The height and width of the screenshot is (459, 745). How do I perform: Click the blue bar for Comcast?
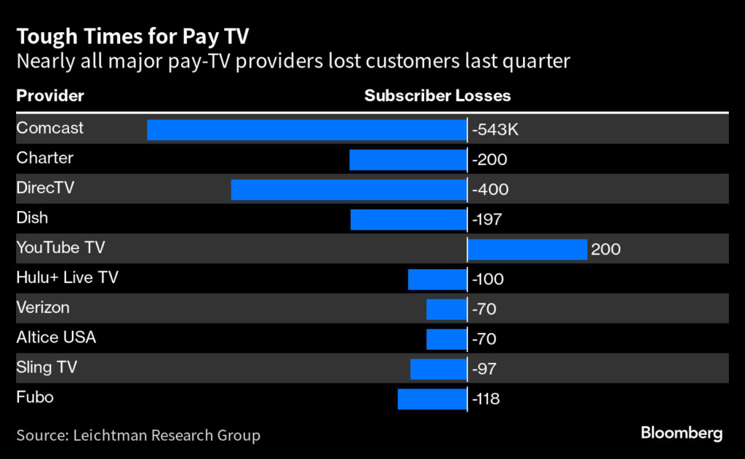coord(306,129)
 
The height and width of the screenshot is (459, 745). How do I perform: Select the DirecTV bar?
coord(348,189)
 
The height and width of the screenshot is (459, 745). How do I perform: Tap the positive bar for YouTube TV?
coord(527,250)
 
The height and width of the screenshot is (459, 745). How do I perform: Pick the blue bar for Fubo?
coord(432,399)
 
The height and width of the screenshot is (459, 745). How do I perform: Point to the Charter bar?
coord(407,159)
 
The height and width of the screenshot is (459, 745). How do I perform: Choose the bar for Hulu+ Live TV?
coord(437,279)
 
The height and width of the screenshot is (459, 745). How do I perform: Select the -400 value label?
coord(490,190)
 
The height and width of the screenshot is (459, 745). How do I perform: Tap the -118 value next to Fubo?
coord(485,399)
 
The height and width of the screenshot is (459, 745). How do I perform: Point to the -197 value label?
coord(487,219)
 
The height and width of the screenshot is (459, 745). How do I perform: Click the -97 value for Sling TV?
coord(484,369)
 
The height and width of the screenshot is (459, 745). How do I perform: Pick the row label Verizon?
coord(43,308)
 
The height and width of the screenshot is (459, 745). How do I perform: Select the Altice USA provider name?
coord(56,338)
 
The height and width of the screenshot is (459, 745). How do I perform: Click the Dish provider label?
coord(32,217)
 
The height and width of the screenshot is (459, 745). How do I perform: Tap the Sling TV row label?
coord(47,367)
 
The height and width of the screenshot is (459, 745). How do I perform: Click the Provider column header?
coord(50,96)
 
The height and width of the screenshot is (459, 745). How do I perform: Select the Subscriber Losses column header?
coord(437,96)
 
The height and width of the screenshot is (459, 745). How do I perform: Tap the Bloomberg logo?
coord(682,434)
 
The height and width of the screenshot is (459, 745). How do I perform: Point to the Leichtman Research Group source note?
coord(138,436)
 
